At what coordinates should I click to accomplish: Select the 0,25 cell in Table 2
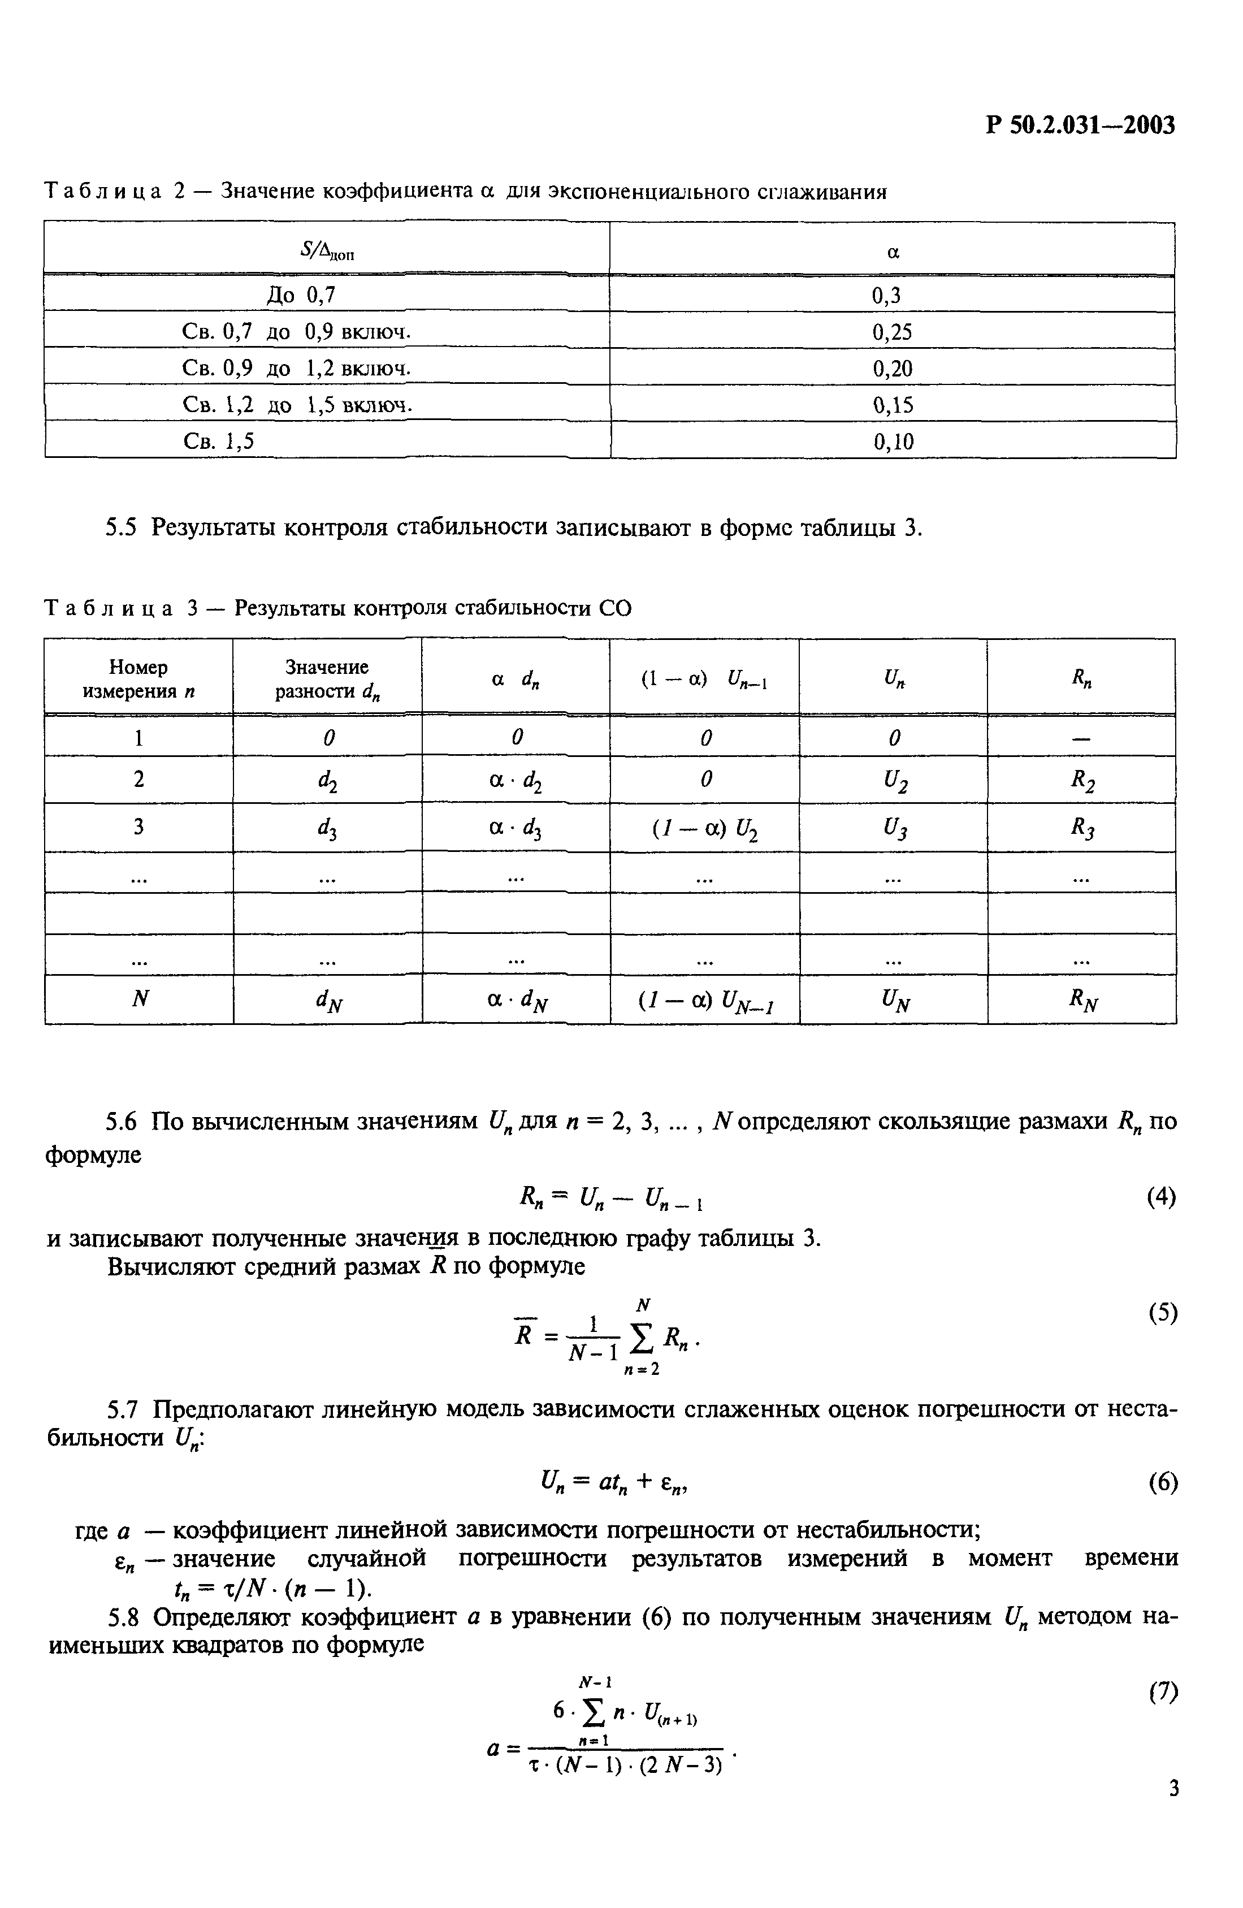tap(892, 332)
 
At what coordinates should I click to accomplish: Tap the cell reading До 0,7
tap(301, 295)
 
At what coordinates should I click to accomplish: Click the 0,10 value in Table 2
tap(893, 442)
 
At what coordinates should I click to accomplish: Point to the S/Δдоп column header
tap(327, 252)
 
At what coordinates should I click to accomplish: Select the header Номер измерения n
tap(138, 678)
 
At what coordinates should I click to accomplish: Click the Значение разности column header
tap(327, 678)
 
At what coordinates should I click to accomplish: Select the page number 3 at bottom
tap(1173, 1811)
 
